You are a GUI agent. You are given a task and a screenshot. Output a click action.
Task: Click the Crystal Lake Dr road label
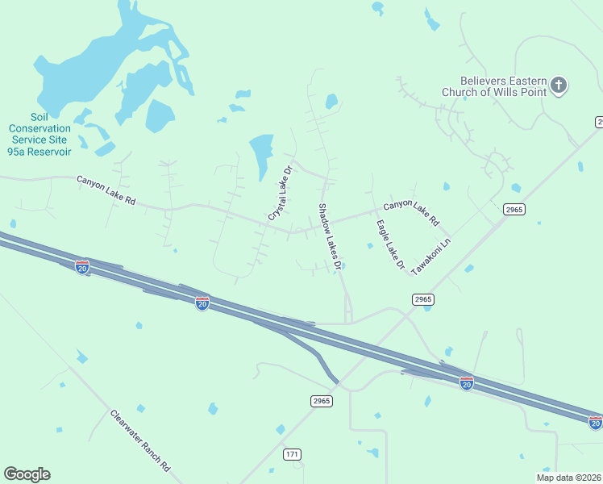click(x=280, y=194)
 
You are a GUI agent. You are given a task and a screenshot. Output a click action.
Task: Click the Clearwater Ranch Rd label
click(x=141, y=440)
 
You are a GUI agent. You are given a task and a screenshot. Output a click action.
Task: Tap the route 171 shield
click(x=292, y=455)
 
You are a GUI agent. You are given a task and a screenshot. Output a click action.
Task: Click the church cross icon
click(x=559, y=85)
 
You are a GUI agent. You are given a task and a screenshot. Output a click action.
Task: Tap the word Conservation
click(x=40, y=128)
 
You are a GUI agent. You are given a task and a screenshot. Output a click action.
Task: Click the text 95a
click(x=15, y=151)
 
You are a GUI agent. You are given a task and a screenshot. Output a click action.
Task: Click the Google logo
click(x=27, y=474)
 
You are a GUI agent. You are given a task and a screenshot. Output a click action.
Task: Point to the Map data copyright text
click(x=568, y=478)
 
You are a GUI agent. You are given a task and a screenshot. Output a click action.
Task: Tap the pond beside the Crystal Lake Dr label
click(x=261, y=153)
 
